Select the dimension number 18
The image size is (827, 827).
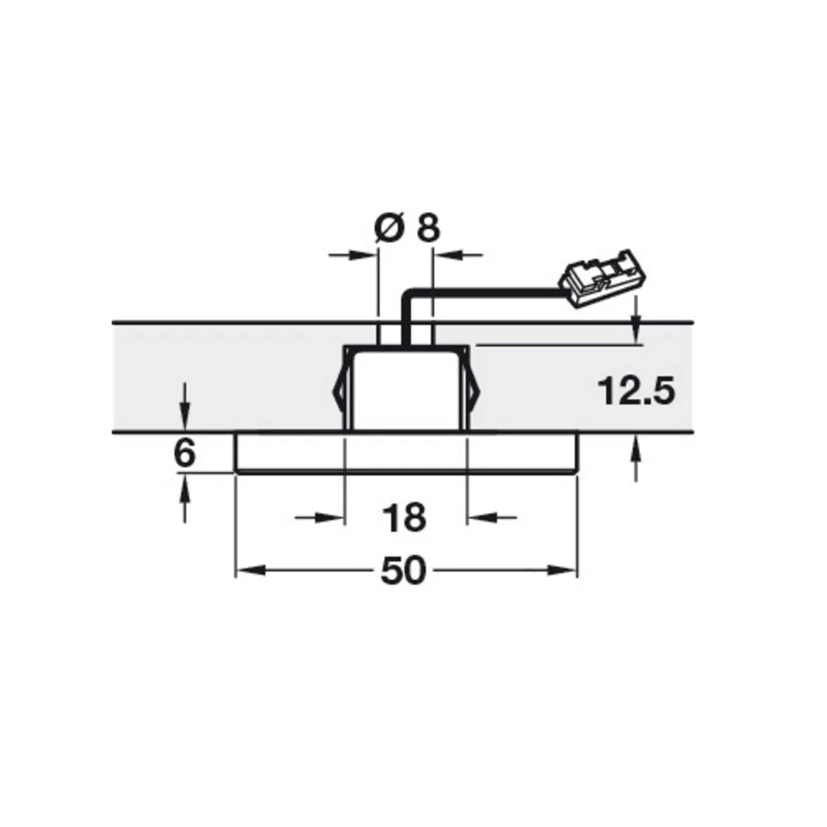point(404,518)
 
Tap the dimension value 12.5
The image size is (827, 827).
point(634,391)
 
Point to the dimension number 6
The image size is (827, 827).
point(185,454)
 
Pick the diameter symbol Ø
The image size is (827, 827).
point(387,227)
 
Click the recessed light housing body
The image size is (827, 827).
point(405,389)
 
